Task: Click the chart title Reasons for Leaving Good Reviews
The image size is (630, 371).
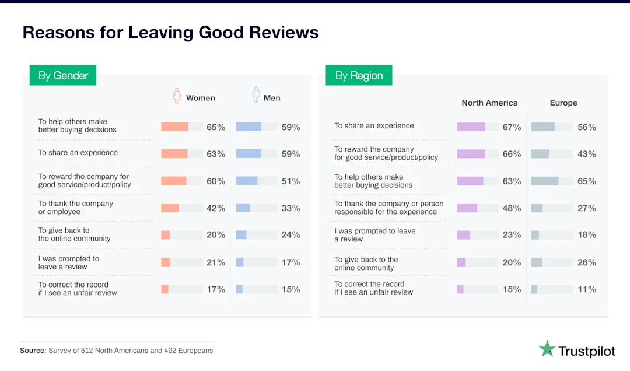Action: (170, 32)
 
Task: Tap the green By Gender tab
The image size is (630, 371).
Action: (63, 75)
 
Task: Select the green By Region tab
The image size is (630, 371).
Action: (359, 75)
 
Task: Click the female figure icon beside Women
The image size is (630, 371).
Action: (177, 96)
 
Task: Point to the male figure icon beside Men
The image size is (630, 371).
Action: (256, 95)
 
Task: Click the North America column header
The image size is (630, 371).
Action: (489, 103)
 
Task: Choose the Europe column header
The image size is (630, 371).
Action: (563, 103)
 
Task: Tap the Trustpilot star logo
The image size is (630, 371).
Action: (547, 349)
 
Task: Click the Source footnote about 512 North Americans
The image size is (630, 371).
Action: (116, 351)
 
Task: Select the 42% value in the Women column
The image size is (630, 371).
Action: (215, 208)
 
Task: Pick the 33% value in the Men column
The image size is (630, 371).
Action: (290, 208)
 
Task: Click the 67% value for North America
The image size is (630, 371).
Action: (512, 127)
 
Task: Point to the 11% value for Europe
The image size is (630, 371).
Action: (586, 289)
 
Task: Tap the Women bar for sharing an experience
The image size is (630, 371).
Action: (174, 154)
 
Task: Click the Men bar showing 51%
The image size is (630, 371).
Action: (247, 181)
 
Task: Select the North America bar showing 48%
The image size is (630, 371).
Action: (467, 208)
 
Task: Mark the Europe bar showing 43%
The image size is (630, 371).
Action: (540, 154)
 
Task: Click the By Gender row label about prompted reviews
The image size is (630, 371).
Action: (69, 262)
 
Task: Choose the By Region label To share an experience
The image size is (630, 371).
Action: (374, 125)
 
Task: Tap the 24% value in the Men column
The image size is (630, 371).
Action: (290, 235)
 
